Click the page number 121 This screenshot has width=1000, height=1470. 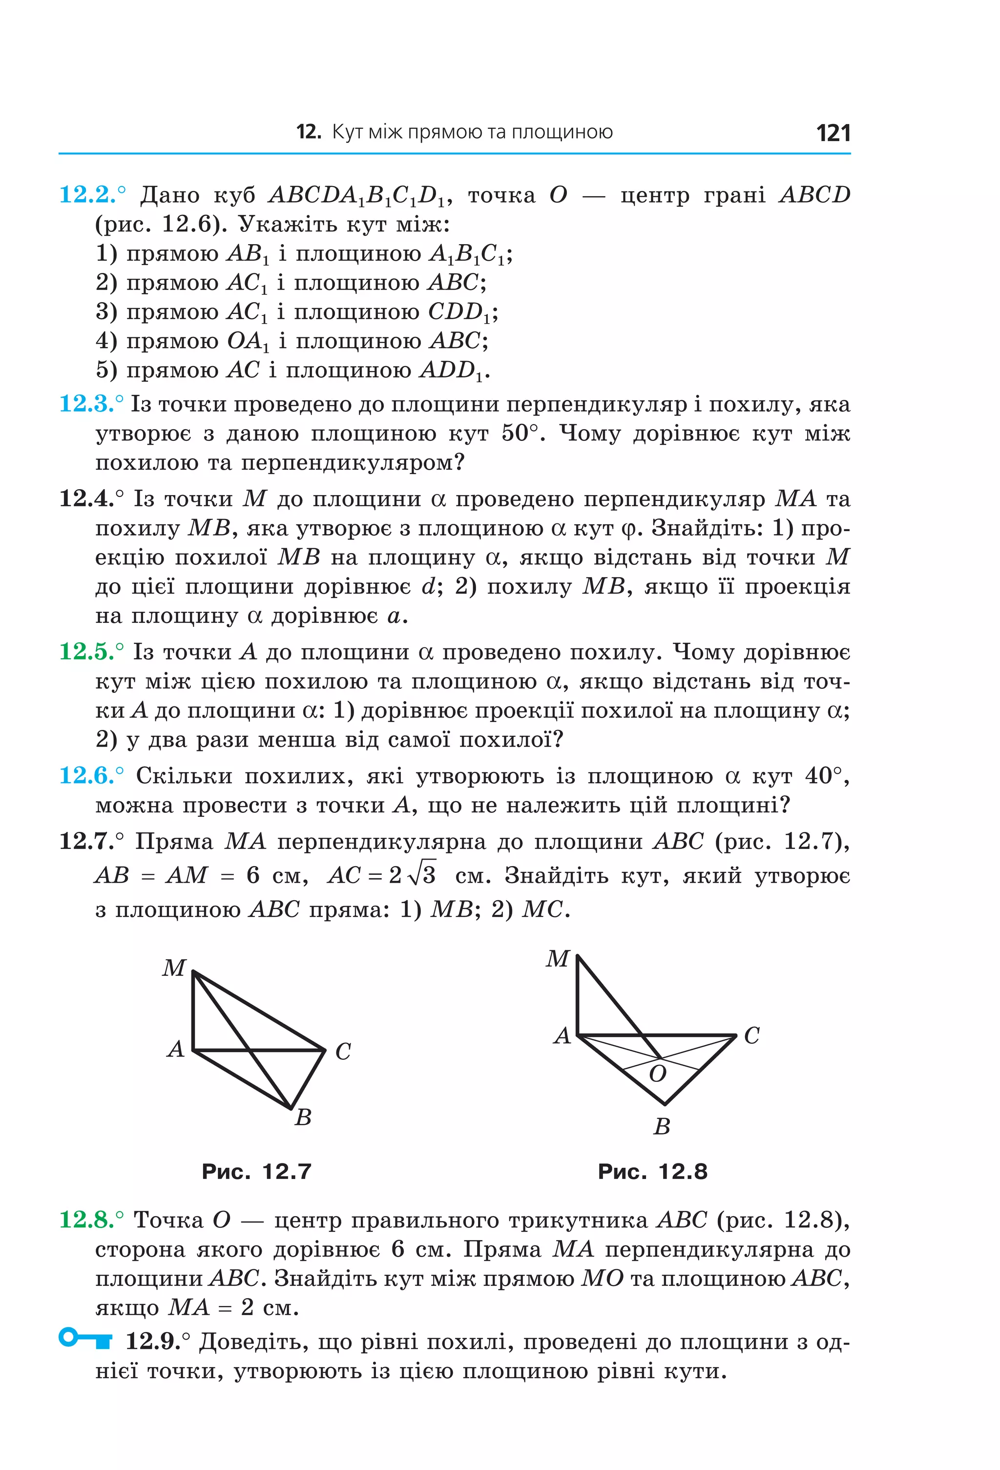(833, 133)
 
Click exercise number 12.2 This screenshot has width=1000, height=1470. (88, 195)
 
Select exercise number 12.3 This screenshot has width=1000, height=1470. (88, 404)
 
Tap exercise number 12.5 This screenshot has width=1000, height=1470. (88, 651)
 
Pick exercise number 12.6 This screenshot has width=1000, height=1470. (88, 775)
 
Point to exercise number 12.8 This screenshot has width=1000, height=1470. (88, 1220)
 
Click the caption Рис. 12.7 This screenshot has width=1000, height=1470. (256, 1171)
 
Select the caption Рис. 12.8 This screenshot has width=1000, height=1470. (652, 1171)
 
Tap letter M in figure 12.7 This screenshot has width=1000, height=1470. (174, 968)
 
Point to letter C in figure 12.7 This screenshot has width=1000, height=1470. (343, 1051)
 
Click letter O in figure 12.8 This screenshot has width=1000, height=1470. (657, 1074)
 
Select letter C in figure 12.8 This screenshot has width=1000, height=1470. (751, 1035)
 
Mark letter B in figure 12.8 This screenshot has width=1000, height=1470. (662, 1126)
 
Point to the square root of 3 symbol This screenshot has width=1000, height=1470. (422, 874)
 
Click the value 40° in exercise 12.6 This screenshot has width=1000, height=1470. (824, 775)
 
